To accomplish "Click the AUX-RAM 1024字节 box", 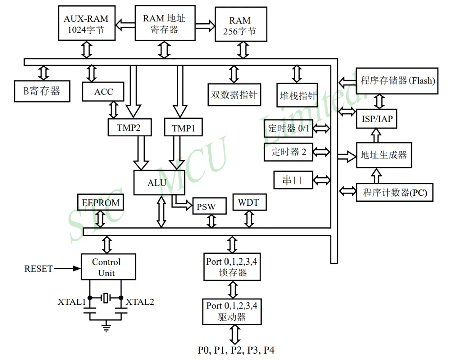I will (86, 24).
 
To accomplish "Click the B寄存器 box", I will (42, 91).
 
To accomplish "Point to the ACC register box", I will (103, 92).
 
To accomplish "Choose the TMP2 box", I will (129, 127).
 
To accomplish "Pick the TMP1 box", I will (183, 128).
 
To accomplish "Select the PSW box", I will (209, 206).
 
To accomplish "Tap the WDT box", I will (249, 202).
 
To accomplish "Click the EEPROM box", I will (101, 202).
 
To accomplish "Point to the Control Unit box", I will (109, 267).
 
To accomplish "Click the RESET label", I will (38, 269).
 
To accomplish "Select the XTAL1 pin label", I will (72, 302).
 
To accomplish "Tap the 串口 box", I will (293, 180).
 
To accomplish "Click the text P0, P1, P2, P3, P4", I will (236, 350).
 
